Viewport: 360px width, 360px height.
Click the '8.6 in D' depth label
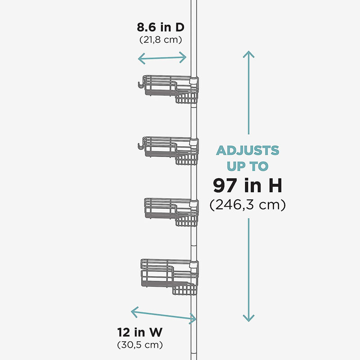[161, 27]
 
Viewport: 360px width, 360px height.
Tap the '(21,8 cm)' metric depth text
[161, 40]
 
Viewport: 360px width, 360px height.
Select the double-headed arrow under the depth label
[162, 58]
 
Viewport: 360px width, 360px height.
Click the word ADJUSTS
[247, 151]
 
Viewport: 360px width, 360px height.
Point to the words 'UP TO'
[247, 166]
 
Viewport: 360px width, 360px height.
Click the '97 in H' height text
[247, 185]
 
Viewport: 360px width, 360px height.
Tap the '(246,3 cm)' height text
[247, 205]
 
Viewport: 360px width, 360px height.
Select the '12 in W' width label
[140, 332]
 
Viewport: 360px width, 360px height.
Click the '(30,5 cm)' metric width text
[140, 345]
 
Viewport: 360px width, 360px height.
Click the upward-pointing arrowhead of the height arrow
[249, 54]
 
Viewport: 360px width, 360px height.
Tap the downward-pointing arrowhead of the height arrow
[249, 318]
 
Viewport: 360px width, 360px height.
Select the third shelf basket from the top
[171, 212]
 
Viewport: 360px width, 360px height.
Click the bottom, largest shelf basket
[170, 277]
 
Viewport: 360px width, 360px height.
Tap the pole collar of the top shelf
[194, 81]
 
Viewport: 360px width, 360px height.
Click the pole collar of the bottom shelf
[194, 265]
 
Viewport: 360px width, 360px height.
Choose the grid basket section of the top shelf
[186, 98]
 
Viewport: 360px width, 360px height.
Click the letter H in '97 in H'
[275, 185]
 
